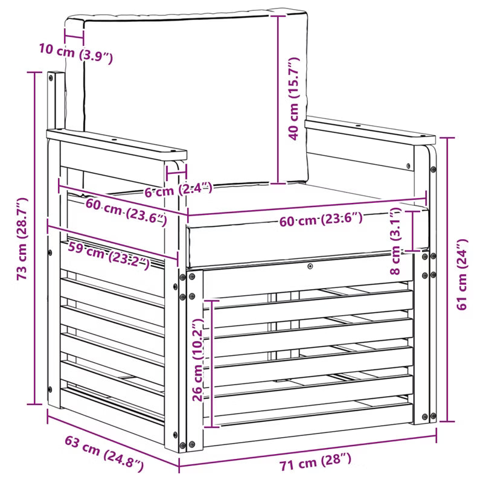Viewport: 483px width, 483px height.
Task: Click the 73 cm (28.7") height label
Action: point(22,238)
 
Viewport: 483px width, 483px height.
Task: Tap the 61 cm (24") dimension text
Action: point(462,274)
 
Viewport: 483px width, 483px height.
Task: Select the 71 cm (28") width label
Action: point(315,461)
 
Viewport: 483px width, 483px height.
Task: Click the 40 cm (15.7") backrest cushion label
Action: point(293,98)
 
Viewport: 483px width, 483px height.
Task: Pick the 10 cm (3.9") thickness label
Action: point(76,53)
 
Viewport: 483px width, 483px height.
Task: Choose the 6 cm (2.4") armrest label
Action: point(179,189)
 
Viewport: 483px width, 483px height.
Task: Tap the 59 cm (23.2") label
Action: point(109,255)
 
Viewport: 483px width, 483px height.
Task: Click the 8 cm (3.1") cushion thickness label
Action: point(395,241)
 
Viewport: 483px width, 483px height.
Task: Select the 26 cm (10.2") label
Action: point(197,360)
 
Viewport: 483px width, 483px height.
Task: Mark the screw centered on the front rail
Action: point(310,266)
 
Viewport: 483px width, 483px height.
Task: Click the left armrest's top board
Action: point(117,144)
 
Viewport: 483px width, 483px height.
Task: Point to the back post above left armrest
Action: point(56,101)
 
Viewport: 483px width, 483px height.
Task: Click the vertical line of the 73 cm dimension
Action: point(34,238)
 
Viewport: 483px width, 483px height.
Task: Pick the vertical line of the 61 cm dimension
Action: point(447,280)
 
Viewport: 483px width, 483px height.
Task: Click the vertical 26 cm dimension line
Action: point(213,363)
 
